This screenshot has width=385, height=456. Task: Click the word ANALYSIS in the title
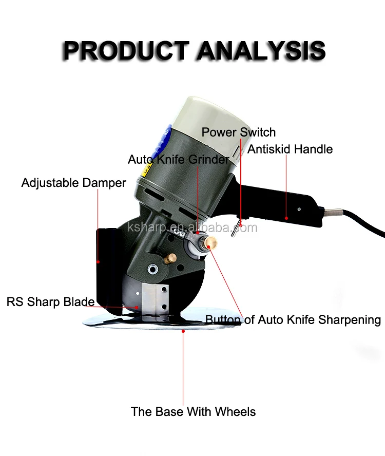pos(262,51)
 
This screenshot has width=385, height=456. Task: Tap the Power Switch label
pos(238,132)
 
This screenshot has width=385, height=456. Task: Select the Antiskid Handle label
pos(290,149)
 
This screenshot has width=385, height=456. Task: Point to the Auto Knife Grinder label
pos(179,160)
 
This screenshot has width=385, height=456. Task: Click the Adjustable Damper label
pos(73,183)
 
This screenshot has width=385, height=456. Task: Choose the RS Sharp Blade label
pos(50,301)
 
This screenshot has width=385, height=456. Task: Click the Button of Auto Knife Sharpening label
pos(293,320)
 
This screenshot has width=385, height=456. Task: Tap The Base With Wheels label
pos(193,411)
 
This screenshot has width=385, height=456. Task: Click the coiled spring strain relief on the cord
pos(334,212)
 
